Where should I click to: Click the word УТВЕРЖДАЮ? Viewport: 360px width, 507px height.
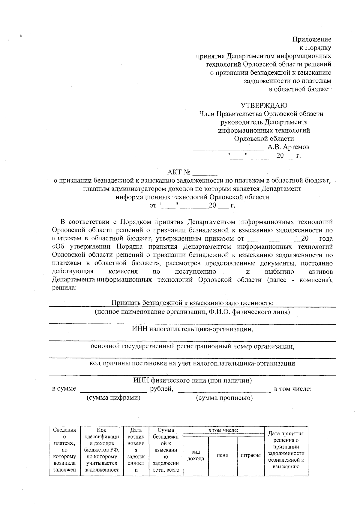(x=264, y=106)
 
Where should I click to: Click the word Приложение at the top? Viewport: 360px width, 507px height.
(x=312, y=39)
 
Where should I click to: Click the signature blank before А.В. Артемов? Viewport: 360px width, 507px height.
(x=228, y=148)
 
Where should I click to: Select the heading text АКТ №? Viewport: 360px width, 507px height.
(x=179, y=172)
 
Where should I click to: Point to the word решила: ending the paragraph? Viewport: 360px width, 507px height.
(x=64, y=288)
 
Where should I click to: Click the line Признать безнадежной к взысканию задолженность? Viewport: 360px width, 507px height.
(x=192, y=303)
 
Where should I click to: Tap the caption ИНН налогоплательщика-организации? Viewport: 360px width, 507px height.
(x=192, y=329)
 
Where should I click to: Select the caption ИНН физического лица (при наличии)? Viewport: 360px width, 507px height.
(x=192, y=380)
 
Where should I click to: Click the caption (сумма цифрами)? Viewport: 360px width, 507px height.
(x=113, y=398)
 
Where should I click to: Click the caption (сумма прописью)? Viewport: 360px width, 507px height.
(x=224, y=398)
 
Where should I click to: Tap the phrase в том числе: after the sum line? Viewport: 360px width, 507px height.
(x=293, y=389)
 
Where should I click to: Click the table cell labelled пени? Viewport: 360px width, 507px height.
(x=223, y=455)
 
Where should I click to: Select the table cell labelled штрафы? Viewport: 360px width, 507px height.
(x=250, y=455)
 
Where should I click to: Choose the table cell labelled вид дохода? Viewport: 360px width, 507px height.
(x=196, y=455)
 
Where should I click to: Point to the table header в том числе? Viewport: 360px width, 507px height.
(x=223, y=430)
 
